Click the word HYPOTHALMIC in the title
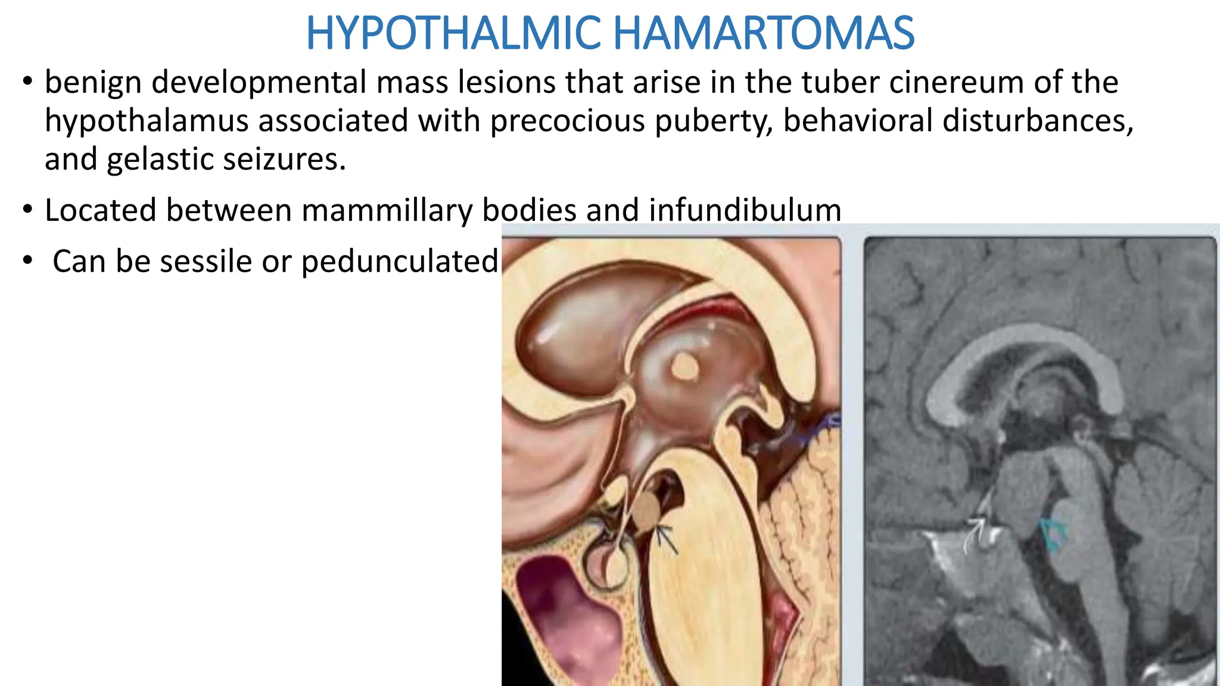(454, 33)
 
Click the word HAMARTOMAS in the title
(763, 33)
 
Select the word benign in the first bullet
(92, 83)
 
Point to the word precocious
(568, 121)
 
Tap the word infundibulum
(745, 211)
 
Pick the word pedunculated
(400, 262)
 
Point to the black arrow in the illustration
(666, 538)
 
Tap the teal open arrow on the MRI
(1053, 533)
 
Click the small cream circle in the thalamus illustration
(684, 366)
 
